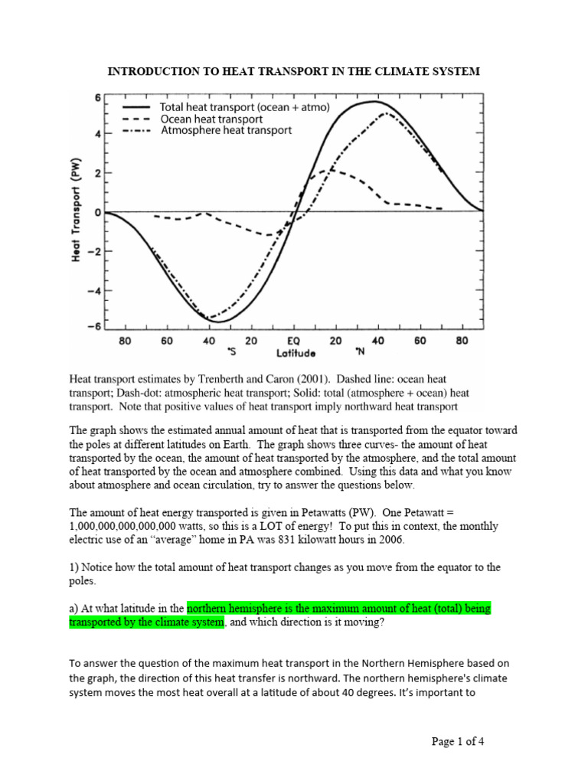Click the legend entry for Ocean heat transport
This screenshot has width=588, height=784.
211,119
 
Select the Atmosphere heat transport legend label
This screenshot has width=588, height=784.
226,131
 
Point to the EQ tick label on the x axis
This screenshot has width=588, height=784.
293,341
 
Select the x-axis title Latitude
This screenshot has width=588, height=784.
294,354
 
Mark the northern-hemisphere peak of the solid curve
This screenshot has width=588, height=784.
373,101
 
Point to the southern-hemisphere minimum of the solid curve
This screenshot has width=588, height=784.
217,322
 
